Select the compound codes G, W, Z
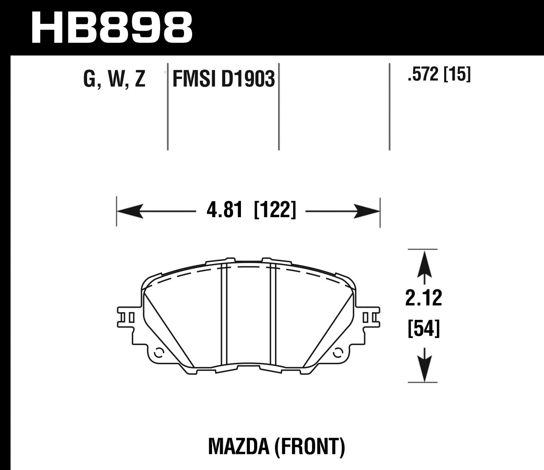click(x=114, y=79)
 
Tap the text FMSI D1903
click(x=224, y=79)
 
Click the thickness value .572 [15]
click(x=439, y=75)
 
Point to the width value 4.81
click(x=224, y=210)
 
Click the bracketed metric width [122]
click(x=274, y=210)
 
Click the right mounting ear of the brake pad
click(x=369, y=317)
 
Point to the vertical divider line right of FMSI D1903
click(x=279, y=110)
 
